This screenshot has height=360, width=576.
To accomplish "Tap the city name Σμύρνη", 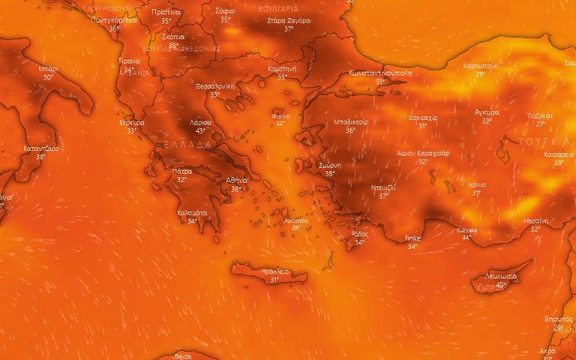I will [330, 165].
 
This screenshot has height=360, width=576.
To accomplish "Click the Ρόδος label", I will [359, 234].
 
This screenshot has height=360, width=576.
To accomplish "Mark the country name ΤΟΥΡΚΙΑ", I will [543, 141].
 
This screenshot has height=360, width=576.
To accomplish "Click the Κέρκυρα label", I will [132, 121].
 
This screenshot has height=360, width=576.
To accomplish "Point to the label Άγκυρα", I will [487, 112].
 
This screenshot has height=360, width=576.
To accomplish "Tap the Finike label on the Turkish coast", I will [412, 238].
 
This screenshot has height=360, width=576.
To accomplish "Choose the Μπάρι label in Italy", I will [49, 68].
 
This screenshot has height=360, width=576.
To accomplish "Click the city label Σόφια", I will [226, 12].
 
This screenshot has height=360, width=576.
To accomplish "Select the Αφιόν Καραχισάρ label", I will [423, 153].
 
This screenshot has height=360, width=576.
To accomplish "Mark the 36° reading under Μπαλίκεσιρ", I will [350, 130].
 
